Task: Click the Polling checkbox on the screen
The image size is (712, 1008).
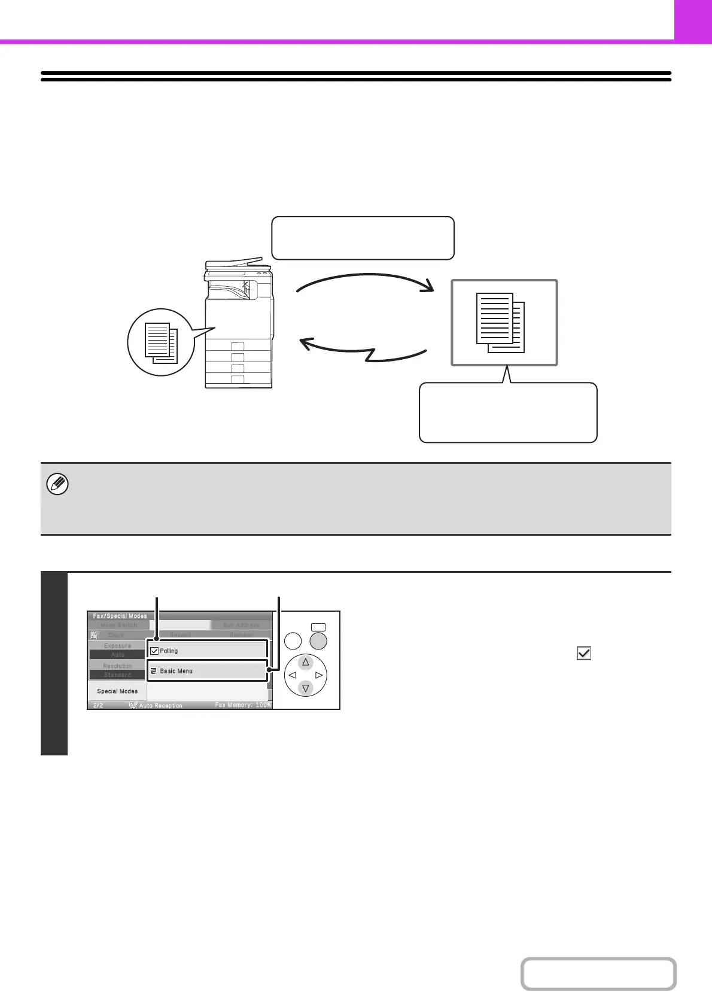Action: point(154,651)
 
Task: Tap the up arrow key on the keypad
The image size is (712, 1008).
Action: point(306,662)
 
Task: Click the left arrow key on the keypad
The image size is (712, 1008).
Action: point(292,675)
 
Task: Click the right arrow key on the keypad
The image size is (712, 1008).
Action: point(319,675)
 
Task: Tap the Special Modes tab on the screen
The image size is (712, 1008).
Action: point(117,691)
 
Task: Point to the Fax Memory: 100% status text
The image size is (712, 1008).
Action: point(242,705)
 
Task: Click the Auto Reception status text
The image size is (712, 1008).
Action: point(160,706)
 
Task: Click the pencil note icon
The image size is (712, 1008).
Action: point(57,484)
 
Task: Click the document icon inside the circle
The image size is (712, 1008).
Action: point(161,343)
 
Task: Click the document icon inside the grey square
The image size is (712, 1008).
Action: point(501,323)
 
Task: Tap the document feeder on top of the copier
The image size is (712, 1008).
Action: point(234,264)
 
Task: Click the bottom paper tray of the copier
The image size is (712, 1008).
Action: point(238,380)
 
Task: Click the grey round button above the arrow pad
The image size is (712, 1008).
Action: point(319,641)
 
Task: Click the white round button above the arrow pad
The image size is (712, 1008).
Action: point(293,641)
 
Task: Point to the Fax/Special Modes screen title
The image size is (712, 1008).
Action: point(120,616)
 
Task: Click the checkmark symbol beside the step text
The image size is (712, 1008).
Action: point(584,654)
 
